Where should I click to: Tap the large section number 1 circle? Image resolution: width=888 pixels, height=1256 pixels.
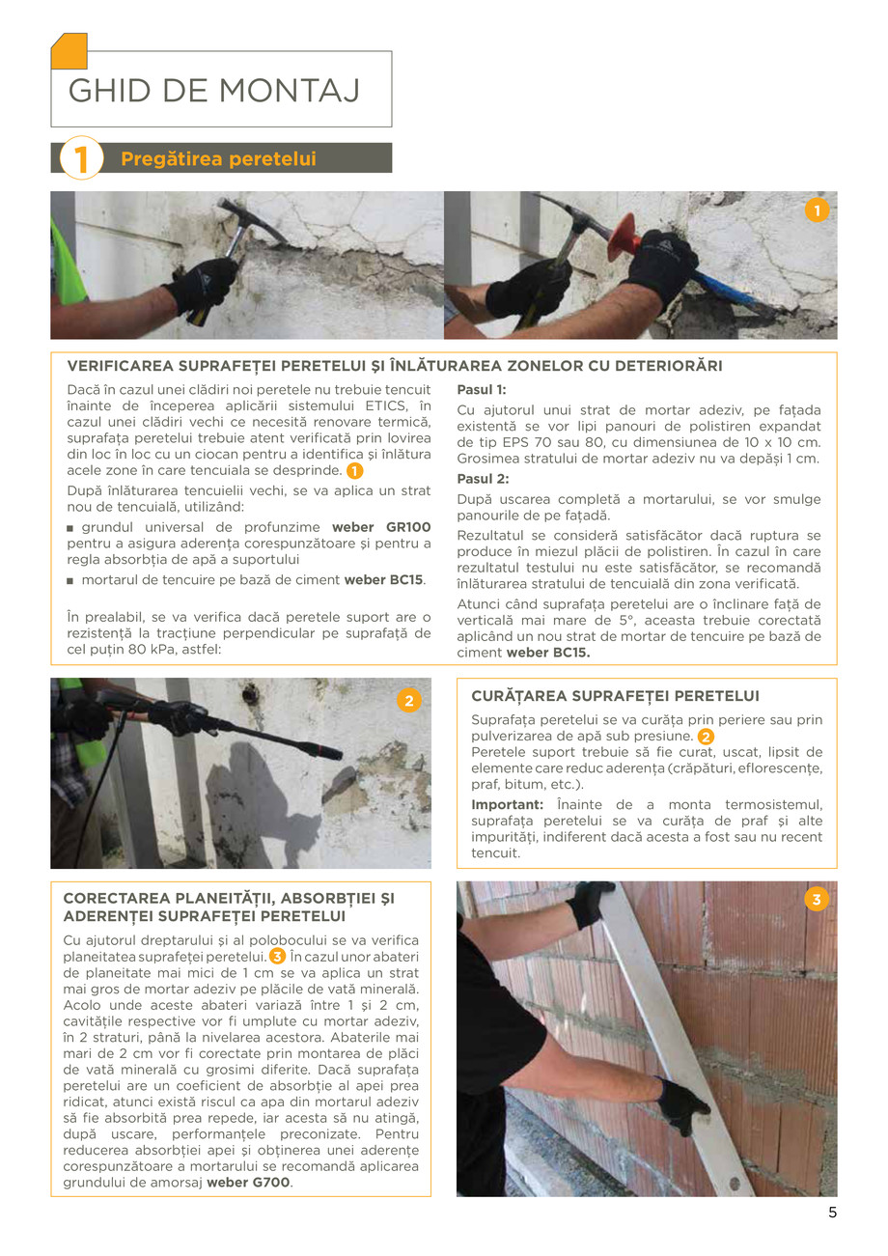coord(81,158)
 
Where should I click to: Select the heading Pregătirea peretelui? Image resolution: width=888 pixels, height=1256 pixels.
coord(218,158)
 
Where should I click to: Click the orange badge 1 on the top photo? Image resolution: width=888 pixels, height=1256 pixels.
coord(817,210)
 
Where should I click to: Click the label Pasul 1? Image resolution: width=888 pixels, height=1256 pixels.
coord(481,390)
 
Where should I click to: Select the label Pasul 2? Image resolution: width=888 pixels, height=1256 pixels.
coord(482,479)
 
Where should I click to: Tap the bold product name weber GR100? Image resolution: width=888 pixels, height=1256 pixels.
coord(381,527)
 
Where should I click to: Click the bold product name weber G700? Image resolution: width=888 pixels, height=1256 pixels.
coord(248,1182)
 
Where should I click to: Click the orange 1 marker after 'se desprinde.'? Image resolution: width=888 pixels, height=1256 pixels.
coord(355,471)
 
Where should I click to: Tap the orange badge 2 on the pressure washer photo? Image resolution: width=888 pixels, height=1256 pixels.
coord(408,702)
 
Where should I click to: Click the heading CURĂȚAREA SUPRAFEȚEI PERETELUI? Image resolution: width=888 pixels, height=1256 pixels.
coord(615,695)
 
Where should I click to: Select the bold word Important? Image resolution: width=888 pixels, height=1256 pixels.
coord(507,804)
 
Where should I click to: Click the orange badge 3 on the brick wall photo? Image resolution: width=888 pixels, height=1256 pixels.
coord(816,901)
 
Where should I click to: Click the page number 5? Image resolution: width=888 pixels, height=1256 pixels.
coord(832,1214)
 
